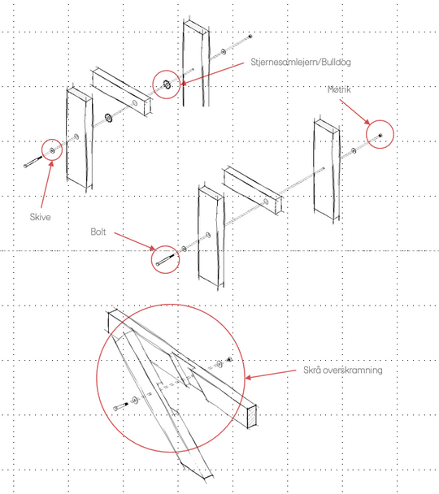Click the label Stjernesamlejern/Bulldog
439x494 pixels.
pyautogui.click(x=300, y=62)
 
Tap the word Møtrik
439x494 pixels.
pyautogui.click(x=339, y=89)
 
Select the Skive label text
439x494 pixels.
pyautogui.click(x=40, y=217)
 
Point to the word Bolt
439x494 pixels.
pyautogui.click(x=98, y=232)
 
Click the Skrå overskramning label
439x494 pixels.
pyautogui.click(x=343, y=370)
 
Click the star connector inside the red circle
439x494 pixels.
pyautogui.click(x=167, y=84)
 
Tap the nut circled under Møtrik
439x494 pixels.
pyautogui.click(x=380, y=135)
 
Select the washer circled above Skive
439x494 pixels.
pyautogui.click(x=52, y=151)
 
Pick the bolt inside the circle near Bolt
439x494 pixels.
pyautogui.click(x=164, y=260)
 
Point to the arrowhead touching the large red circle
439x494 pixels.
pyautogui.click(x=248, y=377)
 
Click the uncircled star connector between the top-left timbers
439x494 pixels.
pyautogui.click(x=109, y=118)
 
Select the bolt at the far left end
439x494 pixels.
pyautogui.click(x=33, y=162)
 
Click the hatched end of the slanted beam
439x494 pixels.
pyautogui.click(x=251, y=416)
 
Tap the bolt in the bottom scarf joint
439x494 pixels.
pyautogui.click(x=120, y=406)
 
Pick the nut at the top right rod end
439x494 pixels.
pyautogui.click(x=250, y=37)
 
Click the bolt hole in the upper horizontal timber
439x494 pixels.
pyautogui.click(x=135, y=102)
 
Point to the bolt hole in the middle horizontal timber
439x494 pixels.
pyautogui.click(x=266, y=201)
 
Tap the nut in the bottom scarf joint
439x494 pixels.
pyautogui.click(x=230, y=359)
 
